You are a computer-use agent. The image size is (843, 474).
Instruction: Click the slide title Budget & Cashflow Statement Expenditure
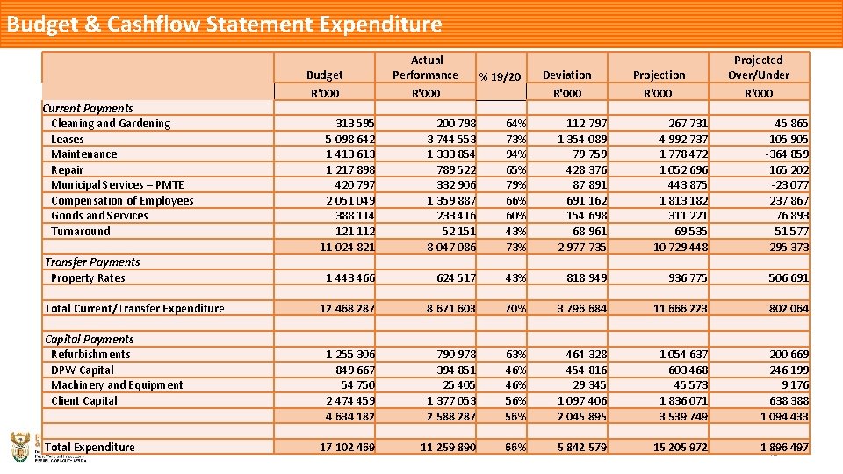pyautogui.click(x=224, y=24)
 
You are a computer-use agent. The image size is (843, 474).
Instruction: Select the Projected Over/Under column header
pyautogui.click(x=758, y=68)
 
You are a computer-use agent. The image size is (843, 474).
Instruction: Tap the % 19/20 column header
pyautogui.click(x=500, y=77)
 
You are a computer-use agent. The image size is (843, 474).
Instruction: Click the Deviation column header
pyautogui.click(x=567, y=75)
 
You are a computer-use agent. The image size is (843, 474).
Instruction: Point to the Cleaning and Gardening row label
pyautogui.click(x=111, y=124)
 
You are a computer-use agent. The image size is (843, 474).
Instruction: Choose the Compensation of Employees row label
pyautogui.click(x=122, y=201)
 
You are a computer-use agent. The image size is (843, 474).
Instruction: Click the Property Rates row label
pyautogui.click(x=88, y=278)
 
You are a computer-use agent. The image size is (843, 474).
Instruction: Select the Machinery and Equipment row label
pyautogui.click(x=117, y=385)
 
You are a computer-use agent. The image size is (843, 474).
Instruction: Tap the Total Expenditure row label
pyautogui.click(x=90, y=448)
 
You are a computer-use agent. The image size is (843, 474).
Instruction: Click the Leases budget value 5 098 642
pyautogui.click(x=350, y=140)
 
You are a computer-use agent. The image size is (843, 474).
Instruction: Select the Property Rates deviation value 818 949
pyautogui.click(x=582, y=278)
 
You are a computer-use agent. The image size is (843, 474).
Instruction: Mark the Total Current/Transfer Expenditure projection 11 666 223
pyautogui.click(x=680, y=309)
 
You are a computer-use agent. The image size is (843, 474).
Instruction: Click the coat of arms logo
pyautogui.click(x=19, y=446)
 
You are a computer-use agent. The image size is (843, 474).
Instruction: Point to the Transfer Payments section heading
pyautogui.click(x=92, y=262)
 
